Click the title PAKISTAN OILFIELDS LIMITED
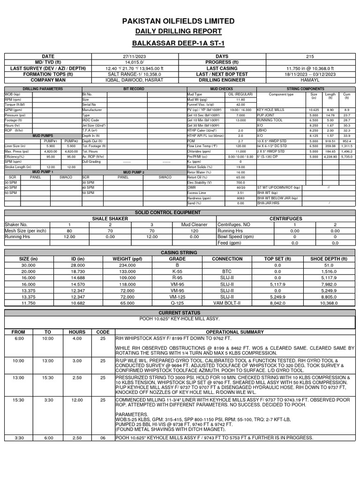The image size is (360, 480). click(179, 22)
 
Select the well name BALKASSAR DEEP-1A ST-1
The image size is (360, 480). click(179, 43)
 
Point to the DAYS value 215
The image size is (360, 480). click(309, 56)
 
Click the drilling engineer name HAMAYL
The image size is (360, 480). click(309, 80)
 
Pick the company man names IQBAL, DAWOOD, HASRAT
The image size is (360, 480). click(135, 80)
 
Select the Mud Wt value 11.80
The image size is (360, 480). click(240, 100)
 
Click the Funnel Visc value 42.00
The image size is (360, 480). click(240, 105)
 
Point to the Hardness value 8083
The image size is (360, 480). click(240, 198)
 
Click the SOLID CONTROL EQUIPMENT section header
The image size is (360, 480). click(180, 213)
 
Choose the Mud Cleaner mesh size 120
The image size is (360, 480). click(194, 231)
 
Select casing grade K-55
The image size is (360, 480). click(177, 271)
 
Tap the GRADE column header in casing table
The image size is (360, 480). click(177, 259)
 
